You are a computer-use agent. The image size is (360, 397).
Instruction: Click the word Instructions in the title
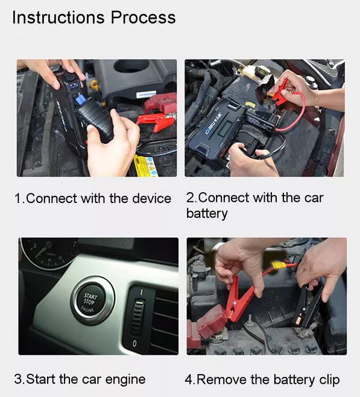[58, 17]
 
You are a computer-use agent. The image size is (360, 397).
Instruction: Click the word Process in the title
[143, 17]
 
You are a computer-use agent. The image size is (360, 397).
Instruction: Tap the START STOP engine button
[91, 301]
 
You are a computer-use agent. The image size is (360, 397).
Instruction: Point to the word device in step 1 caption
[152, 198]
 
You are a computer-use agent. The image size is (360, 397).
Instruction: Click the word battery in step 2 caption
[207, 213]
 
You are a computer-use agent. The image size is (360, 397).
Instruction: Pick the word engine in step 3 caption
[125, 380]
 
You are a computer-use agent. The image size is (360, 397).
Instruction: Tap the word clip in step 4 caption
[330, 380]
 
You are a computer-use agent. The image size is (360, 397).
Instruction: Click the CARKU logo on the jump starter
[213, 123]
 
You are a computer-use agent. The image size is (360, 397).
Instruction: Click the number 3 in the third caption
[18, 380]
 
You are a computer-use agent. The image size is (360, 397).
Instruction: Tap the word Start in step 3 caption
[42, 380]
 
